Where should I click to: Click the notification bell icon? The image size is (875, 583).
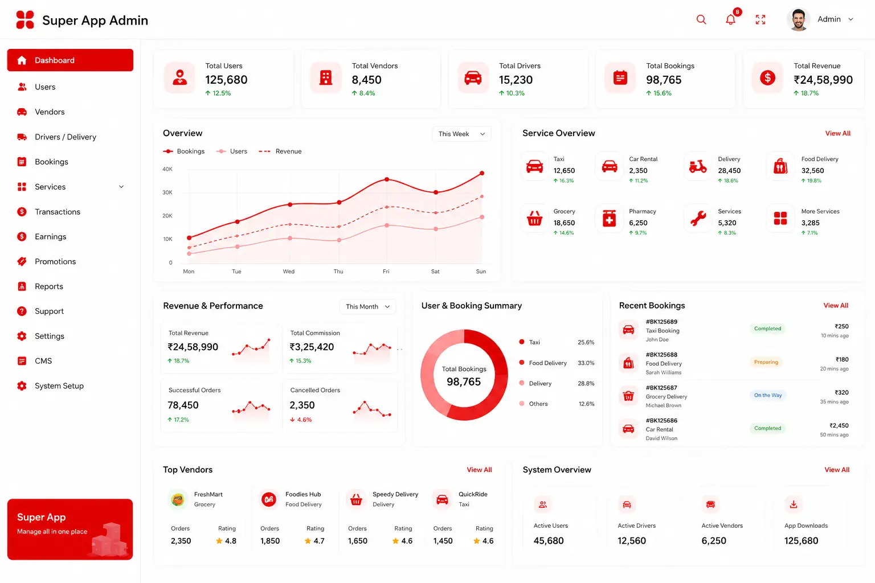(x=730, y=19)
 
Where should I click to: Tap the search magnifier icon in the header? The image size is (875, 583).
(x=701, y=19)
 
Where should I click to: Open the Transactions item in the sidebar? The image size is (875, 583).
(x=58, y=212)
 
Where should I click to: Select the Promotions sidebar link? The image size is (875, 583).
(x=55, y=261)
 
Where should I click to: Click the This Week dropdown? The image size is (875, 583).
(x=461, y=134)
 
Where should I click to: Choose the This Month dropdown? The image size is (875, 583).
(x=367, y=306)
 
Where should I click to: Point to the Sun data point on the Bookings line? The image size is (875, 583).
(x=482, y=173)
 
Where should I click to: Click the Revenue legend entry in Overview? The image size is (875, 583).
(x=280, y=151)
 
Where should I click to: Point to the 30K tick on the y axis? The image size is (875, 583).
(x=167, y=192)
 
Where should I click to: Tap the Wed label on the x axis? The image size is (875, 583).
(x=289, y=272)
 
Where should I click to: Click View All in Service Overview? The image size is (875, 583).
(x=837, y=133)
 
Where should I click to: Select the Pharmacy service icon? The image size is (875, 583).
(x=609, y=218)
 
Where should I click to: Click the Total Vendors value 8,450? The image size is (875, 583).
(x=366, y=80)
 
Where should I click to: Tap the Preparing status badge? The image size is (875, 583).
(x=766, y=362)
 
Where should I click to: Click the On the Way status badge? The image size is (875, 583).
(x=767, y=395)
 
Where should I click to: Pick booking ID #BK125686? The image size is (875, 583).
(x=661, y=421)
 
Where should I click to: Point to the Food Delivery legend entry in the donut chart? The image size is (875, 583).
(x=547, y=363)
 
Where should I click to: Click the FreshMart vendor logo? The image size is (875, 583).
(x=178, y=499)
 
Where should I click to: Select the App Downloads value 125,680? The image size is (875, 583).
(x=801, y=540)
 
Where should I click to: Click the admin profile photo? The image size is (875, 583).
(x=798, y=19)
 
